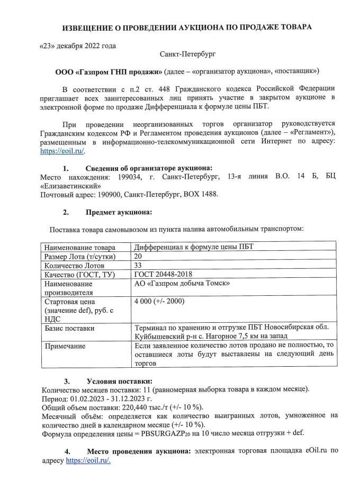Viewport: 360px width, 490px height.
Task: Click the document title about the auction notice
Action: click(x=187, y=27)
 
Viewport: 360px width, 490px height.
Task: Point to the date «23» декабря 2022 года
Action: click(x=78, y=46)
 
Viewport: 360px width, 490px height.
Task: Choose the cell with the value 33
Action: click(x=139, y=265)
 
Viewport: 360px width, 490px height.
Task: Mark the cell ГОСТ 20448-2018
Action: click(x=163, y=274)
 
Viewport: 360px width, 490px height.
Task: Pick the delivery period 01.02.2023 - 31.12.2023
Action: click(x=106, y=398)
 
